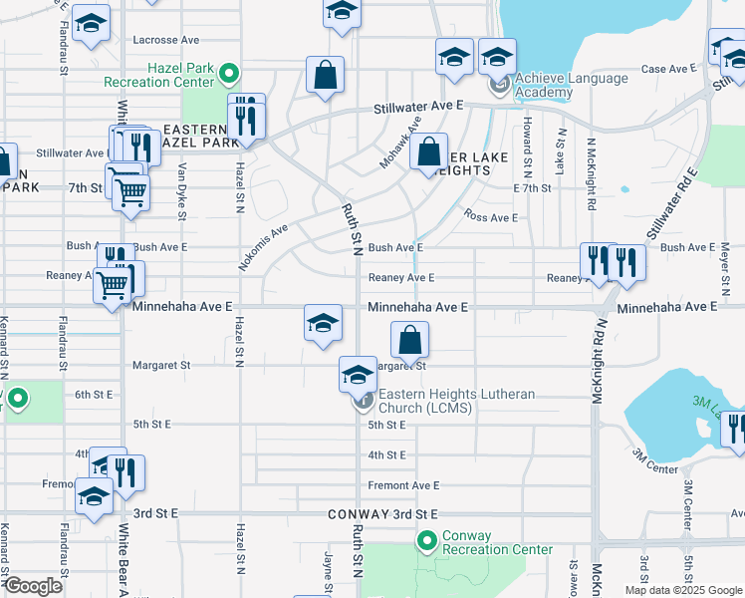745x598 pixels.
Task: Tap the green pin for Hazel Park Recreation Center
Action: click(x=229, y=73)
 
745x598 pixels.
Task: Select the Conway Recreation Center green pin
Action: click(x=427, y=541)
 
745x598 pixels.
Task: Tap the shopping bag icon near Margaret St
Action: click(x=409, y=341)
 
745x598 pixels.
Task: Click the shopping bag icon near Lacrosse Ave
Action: click(x=325, y=75)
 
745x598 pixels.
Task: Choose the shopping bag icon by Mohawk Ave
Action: click(x=428, y=151)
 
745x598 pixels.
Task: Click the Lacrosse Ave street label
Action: click(x=166, y=40)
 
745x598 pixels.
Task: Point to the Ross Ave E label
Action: click(x=490, y=217)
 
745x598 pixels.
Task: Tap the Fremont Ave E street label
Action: click(x=403, y=485)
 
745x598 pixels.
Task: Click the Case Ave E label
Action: click(x=666, y=69)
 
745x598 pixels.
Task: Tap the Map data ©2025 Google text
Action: click(x=682, y=590)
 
